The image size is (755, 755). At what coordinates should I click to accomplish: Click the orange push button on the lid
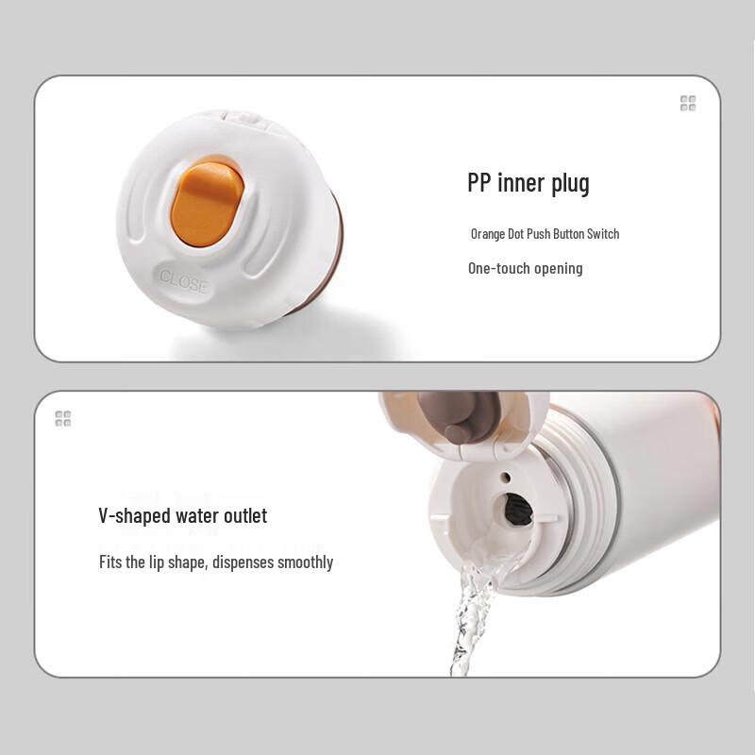point(208,204)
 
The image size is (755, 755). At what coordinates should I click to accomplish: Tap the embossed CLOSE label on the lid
point(183,281)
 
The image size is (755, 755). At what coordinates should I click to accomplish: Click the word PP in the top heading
point(478,183)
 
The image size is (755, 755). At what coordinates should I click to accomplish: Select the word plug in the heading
point(570,184)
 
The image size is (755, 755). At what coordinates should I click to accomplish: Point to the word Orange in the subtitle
point(488,234)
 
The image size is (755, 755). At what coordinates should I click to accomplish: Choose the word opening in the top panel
point(559,269)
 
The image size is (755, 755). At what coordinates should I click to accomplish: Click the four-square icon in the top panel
point(688,103)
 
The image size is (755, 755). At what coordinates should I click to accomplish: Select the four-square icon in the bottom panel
point(63,419)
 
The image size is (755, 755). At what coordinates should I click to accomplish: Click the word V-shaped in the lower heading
point(134,516)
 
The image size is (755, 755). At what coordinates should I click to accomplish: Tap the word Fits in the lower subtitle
point(110,562)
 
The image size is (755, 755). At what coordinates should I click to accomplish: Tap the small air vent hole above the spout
point(506,478)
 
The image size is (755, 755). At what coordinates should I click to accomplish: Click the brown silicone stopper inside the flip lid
point(459,416)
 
